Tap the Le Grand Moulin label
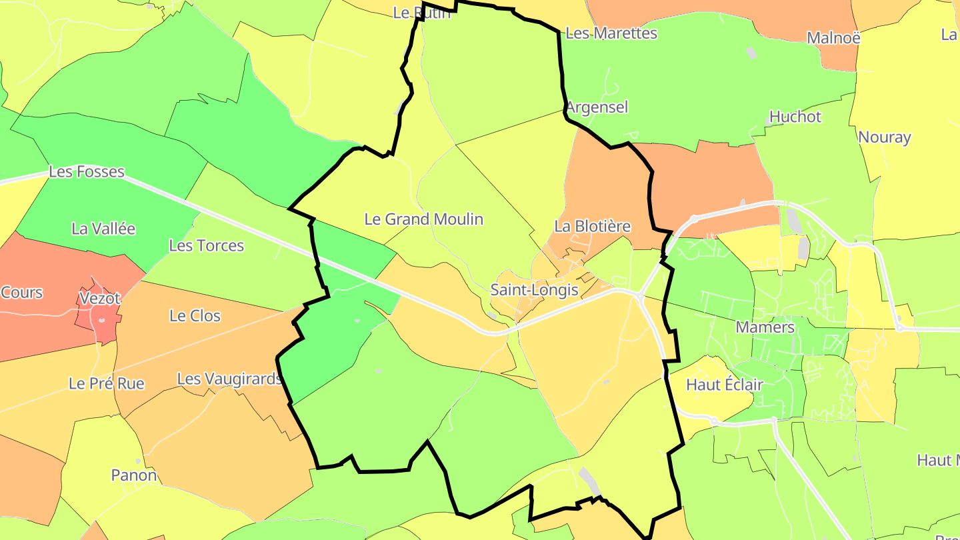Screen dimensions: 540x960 point(423,219)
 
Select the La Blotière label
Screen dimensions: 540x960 point(592,226)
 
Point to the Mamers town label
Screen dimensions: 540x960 point(765,327)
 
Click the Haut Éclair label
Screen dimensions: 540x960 point(724,385)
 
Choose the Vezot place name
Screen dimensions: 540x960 point(99,297)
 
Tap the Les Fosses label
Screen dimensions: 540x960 point(87,171)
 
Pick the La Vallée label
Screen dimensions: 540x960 point(103,229)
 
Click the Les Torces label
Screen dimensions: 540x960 point(206,245)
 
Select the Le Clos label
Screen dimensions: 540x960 point(195,315)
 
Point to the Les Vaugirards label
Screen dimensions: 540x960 point(229,379)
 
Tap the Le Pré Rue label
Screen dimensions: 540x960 point(106,383)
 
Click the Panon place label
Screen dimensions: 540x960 point(134,475)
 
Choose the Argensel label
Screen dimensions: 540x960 point(597,107)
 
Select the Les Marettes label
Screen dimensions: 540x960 point(611,33)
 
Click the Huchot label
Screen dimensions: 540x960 point(795,117)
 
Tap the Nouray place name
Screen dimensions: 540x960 point(884,137)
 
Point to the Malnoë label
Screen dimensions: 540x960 point(833,37)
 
